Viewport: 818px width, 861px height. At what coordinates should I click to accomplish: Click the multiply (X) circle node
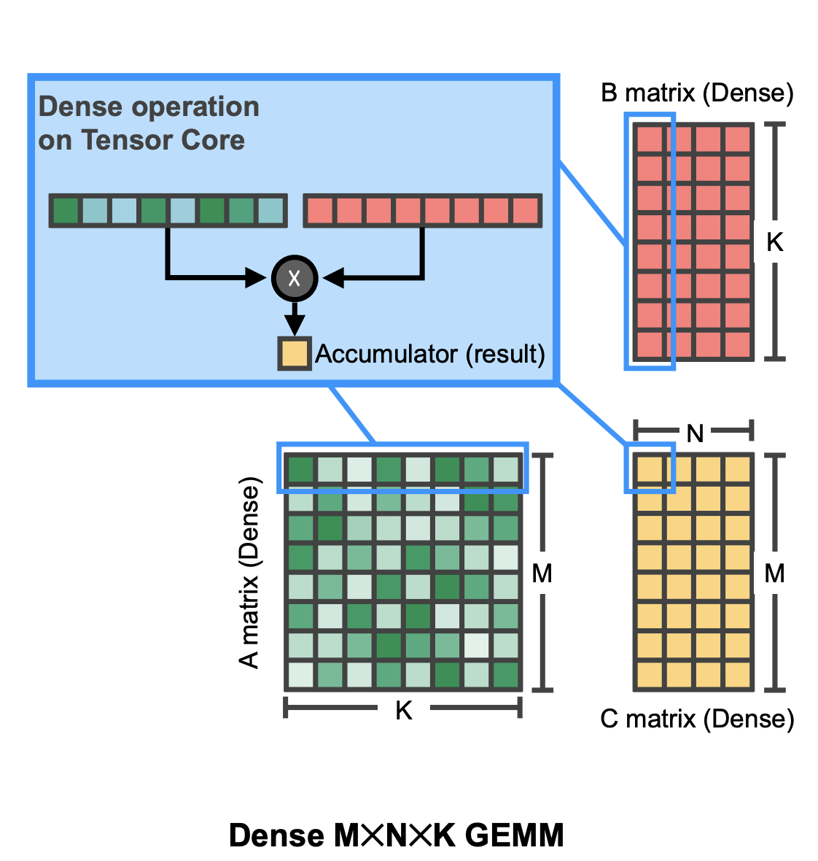[295, 278]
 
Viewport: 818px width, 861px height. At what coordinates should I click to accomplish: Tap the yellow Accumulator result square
[295, 353]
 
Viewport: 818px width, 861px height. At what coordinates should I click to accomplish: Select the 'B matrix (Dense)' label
[697, 93]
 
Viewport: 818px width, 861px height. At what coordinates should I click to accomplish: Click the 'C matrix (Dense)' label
[697, 719]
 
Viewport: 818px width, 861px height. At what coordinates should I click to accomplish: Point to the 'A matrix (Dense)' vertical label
[249, 573]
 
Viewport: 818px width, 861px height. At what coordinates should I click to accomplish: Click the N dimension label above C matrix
[695, 433]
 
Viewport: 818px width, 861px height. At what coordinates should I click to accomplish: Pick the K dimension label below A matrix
[404, 710]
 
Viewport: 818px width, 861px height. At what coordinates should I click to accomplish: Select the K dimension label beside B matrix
[774, 242]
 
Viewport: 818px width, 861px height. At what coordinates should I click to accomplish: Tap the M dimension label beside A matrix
[542, 574]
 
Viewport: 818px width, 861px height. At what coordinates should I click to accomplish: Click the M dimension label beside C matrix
[774, 574]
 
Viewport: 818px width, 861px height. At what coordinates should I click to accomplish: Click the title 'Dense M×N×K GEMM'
[397, 835]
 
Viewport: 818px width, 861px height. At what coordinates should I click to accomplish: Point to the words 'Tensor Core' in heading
[163, 140]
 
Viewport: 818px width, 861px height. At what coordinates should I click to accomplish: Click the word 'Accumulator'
[386, 354]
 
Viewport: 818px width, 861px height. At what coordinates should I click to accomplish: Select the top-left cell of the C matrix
[650, 469]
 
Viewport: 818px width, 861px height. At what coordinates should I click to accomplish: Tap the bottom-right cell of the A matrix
[506, 675]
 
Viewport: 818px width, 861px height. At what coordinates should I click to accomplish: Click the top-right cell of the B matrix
[738, 139]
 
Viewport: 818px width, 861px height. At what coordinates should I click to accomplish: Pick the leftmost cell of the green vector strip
[66, 211]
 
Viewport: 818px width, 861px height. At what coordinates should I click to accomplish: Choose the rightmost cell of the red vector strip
[525, 211]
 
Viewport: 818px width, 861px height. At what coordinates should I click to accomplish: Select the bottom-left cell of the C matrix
[650, 675]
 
